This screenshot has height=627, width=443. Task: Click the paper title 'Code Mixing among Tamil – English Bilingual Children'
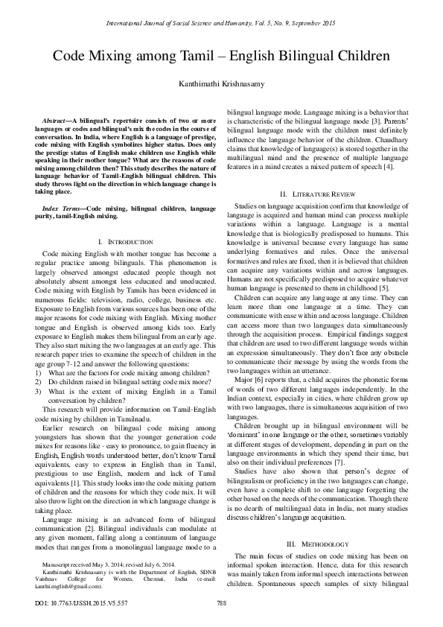pyautogui.click(x=221, y=59)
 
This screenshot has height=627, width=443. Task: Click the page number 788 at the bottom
pyautogui.click(x=221, y=602)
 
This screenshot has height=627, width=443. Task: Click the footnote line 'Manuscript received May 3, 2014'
pyautogui.click(x=98, y=566)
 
